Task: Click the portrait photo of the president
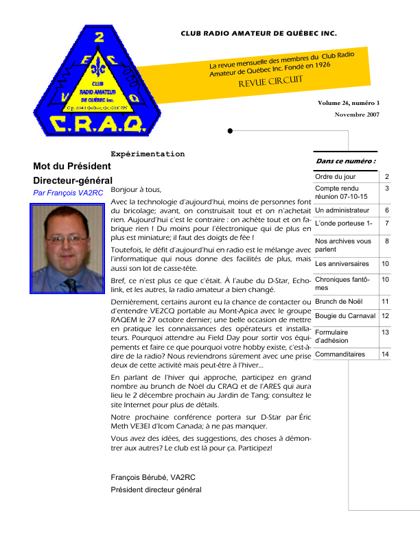pos(67,249)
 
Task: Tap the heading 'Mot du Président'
pos(72,167)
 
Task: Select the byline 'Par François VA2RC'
pos(68,193)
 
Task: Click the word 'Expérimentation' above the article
pos(148,154)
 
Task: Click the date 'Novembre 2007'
pos(357,114)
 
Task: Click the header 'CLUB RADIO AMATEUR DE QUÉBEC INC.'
pos(259,33)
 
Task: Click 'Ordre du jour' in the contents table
pos(336,177)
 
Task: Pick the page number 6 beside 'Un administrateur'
pos(387,210)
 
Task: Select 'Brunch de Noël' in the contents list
pos(337,301)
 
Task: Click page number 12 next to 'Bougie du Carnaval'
pos(386,315)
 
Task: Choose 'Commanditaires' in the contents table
pos(340,354)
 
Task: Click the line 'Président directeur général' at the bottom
pos(156,490)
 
